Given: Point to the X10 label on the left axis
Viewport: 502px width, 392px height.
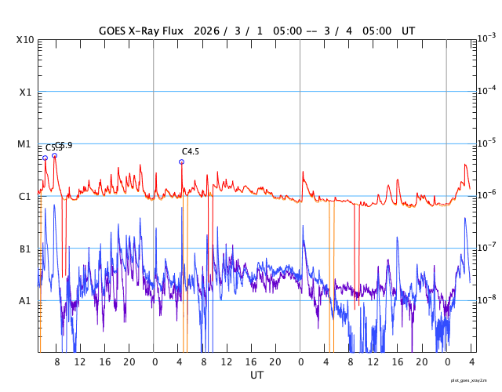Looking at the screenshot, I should pos(25,40).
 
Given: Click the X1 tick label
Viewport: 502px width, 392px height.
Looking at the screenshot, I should pos(25,93).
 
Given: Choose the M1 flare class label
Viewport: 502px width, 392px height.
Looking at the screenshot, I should pos(25,145).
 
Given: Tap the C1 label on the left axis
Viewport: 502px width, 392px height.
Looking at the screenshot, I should pos(25,197).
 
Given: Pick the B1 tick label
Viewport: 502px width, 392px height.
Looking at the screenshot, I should pos(25,249).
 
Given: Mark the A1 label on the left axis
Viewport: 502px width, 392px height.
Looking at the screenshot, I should pos(25,301).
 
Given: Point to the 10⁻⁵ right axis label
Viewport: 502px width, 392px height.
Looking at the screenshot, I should pos(486,143).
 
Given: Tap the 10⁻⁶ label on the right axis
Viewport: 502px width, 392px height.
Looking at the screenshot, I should pos(486,195).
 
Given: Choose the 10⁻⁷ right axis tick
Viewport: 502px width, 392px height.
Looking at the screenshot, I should pos(486,248).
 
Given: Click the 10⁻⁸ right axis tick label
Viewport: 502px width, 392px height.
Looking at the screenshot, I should pos(486,299).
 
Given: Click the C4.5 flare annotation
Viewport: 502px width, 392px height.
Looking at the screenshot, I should pos(191,152).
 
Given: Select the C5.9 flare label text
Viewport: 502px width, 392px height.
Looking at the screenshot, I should pos(64,146).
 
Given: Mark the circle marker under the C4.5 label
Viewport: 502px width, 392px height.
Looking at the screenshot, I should pos(182,162).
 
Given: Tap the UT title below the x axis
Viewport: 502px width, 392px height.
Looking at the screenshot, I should pos(257,376).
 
